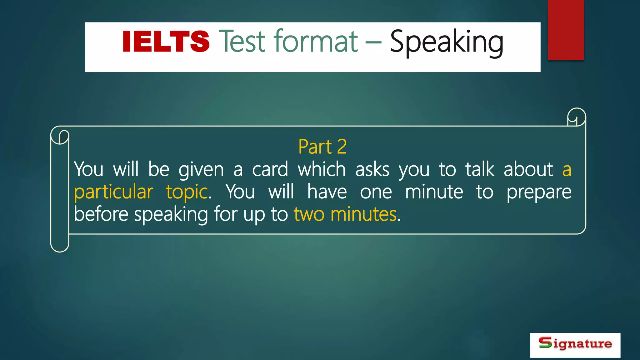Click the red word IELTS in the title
point(166,42)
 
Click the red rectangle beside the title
point(566,30)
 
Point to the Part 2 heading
point(322,147)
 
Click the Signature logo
point(575,345)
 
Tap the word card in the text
point(270,170)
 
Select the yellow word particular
point(113,192)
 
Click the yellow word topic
point(187,192)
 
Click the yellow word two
point(309,214)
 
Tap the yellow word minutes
point(363,214)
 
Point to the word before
point(101,214)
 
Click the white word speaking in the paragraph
point(171,215)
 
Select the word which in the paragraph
point(322,170)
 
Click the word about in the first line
point(528,170)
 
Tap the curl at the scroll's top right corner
point(576,117)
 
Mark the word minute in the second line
point(434,192)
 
